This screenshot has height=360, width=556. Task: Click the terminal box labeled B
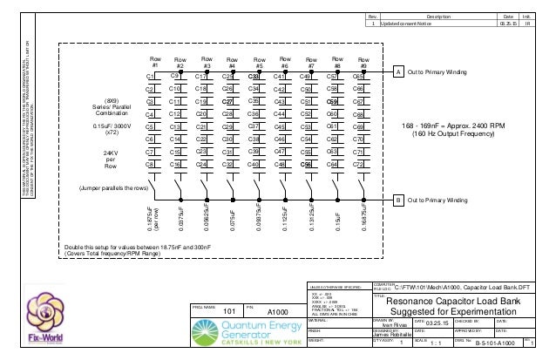[x=398, y=200]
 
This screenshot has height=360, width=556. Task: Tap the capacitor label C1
[x=150, y=77]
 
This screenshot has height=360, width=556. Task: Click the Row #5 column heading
[x=259, y=62]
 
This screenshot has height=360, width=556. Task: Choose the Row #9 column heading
[x=363, y=62]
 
